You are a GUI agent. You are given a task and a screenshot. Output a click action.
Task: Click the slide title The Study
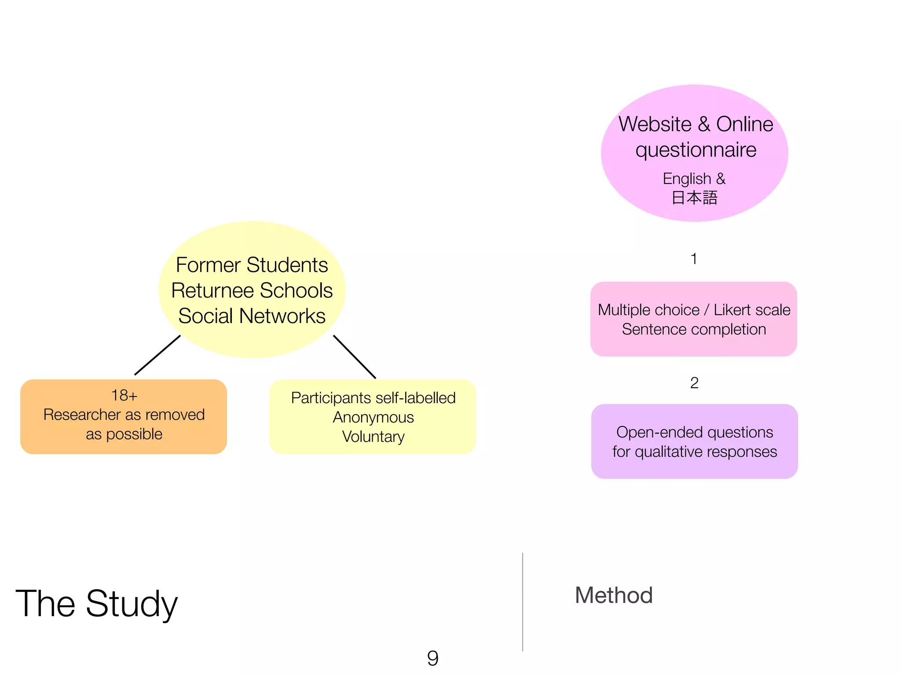tap(96, 604)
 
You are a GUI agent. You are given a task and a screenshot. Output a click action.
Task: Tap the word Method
tap(613, 595)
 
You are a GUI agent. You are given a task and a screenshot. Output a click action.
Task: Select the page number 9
tap(432, 658)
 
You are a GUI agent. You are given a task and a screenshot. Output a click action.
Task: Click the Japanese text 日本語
tap(694, 198)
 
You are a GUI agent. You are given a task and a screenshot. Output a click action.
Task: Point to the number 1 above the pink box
tap(694, 259)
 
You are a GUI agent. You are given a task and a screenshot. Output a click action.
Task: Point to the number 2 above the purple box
tap(694, 383)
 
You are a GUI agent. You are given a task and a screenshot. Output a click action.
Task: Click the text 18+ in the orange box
tap(124, 395)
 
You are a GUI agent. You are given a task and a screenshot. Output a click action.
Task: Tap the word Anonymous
tap(373, 417)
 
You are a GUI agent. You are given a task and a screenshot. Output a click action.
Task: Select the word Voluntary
tap(373, 437)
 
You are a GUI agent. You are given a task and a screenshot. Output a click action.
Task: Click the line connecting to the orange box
tap(157, 355)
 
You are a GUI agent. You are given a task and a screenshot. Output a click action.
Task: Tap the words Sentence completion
tap(694, 329)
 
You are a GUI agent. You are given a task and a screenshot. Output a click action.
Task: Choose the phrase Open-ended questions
tap(694, 432)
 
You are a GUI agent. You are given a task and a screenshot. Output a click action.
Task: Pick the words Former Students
tap(252, 265)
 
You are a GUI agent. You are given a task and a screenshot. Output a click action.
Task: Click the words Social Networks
tap(252, 316)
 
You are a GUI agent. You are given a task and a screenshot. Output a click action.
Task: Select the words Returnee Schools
tap(252, 290)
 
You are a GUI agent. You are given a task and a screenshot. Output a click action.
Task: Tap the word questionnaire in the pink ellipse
tap(696, 150)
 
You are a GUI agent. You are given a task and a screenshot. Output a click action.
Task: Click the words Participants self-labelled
tap(373, 398)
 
